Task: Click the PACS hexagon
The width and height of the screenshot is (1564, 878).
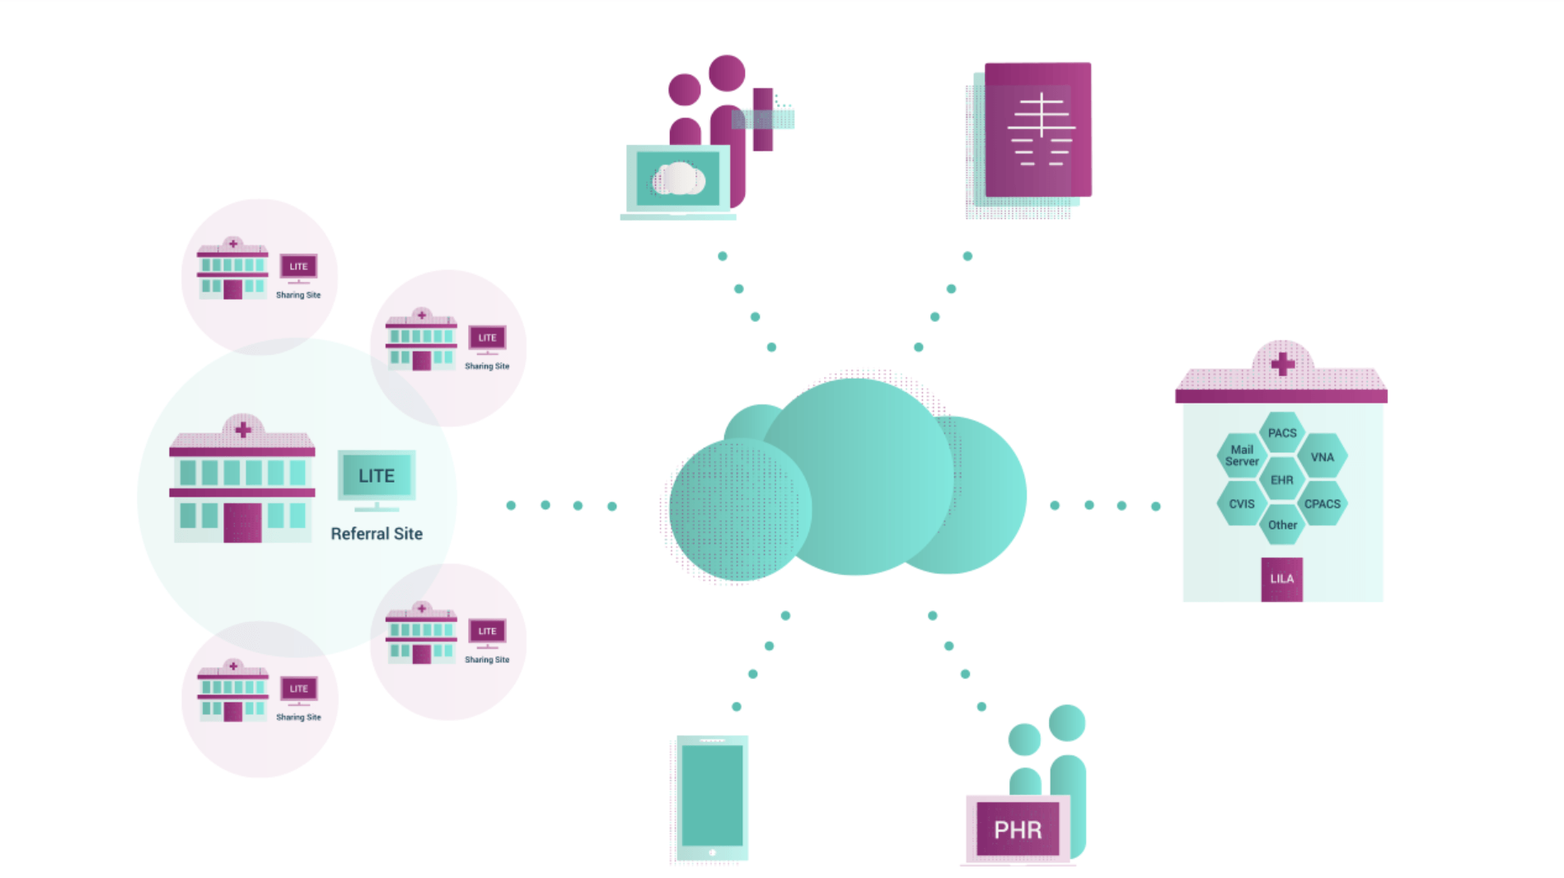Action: point(1281,433)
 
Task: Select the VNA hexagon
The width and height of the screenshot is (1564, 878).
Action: point(1322,457)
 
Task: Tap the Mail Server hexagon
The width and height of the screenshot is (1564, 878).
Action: point(1242,455)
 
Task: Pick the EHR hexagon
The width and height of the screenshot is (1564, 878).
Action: point(1281,480)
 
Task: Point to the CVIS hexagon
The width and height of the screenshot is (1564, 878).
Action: point(1242,504)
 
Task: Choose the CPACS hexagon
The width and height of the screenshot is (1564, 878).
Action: point(1322,504)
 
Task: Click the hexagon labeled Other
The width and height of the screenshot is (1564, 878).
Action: point(1282,525)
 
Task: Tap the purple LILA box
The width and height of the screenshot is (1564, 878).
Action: point(1281,579)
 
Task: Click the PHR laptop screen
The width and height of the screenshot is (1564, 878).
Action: point(1018,829)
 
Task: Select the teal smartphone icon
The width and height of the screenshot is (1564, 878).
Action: point(712,797)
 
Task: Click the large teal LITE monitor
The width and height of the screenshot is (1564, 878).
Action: point(377,475)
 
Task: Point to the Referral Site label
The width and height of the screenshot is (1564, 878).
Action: point(377,534)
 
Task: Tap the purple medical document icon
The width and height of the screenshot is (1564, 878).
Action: point(1037,130)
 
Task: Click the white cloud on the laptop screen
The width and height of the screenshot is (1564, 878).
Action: point(678,179)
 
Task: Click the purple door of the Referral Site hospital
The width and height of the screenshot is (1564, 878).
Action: point(242,523)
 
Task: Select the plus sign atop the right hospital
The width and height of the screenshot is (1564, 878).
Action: point(1282,364)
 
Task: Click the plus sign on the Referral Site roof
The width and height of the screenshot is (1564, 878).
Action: point(243,430)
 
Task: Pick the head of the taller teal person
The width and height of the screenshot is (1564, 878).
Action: point(1067,723)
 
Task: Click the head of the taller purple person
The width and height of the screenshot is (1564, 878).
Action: point(727,72)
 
